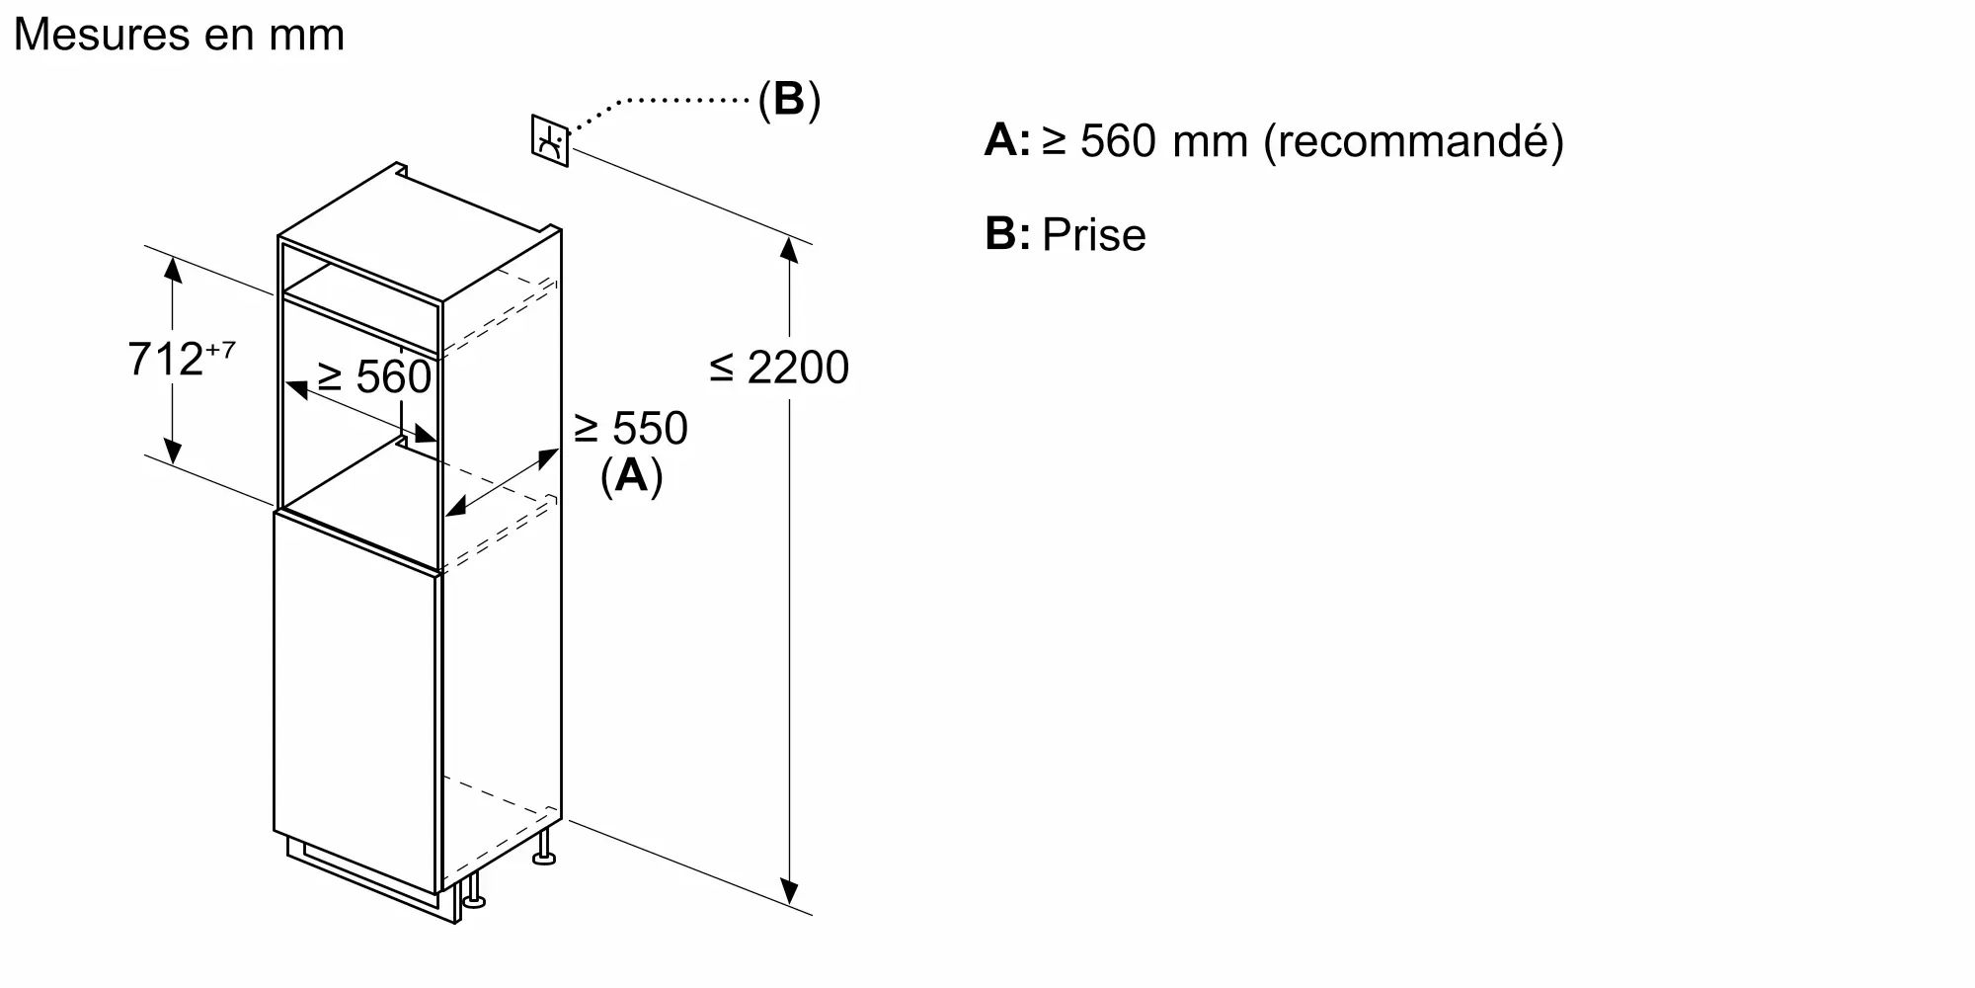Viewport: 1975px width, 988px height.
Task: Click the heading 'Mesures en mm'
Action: click(179, 36)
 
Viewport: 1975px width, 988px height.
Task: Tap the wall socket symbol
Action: click(550, 141)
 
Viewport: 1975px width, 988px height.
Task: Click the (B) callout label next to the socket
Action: click(789, 100)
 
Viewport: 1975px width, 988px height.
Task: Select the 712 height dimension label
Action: click(165, 360)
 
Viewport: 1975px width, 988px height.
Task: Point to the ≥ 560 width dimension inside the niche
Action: click(374, 377)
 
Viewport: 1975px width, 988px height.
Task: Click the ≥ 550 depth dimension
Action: click(630, 429)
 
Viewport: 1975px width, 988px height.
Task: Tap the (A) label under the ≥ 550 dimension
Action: click(631, 476)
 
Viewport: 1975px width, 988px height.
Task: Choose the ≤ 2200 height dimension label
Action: click(779, 369)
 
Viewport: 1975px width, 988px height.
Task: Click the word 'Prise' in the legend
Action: click(1094, 235)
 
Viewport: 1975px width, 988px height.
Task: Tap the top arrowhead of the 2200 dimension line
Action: click(789, 249)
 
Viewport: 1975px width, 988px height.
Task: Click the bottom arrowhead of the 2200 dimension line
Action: click(789, 892)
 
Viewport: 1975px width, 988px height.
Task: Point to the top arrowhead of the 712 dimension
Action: click(173, 268)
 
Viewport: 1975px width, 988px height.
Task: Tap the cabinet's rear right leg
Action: click(544, 849)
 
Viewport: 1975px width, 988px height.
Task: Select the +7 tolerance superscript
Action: click(220, 350)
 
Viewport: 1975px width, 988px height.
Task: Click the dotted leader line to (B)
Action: click(671, 101)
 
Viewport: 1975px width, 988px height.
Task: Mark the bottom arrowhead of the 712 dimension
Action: click(173, 452)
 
